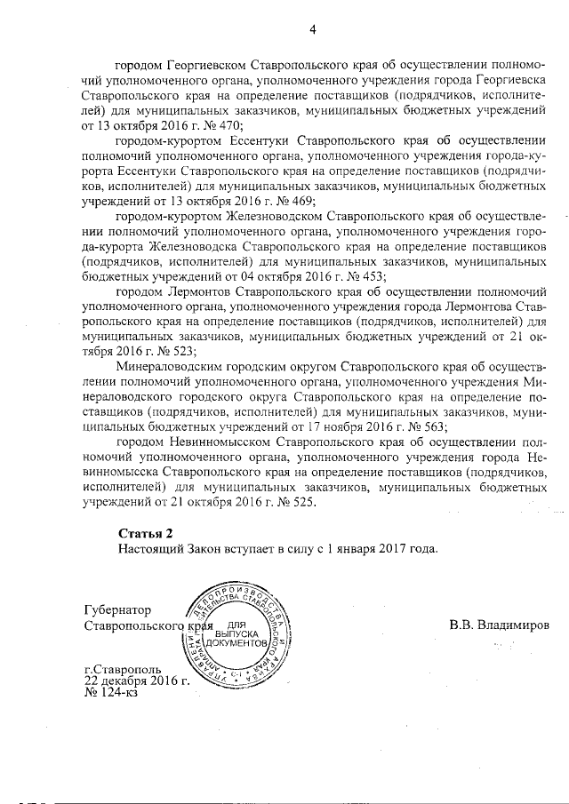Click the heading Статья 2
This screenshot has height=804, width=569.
(146, 533)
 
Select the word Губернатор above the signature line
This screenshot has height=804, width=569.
(116, 610)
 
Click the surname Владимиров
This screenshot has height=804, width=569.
(499, 625)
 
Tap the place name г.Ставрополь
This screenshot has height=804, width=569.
(123, 669)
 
